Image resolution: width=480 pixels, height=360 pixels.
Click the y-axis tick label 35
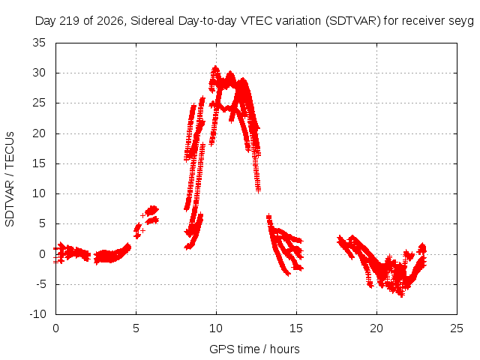pyautogui.click(x=39, y=43)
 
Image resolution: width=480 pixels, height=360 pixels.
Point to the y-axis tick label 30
pyautogui.click(x=39, y=73)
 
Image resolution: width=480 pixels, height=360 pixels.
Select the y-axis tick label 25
pyautogui.click(x=39, y=103)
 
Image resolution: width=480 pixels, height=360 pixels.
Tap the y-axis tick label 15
pyautogui.click(x=39, y=163)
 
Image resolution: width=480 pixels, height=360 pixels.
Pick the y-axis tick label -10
pyautogui.click(x=37, y=314)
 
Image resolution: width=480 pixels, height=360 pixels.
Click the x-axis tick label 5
pyautogui.click(x=136, y=328)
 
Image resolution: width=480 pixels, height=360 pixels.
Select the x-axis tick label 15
pyautogui.click(x=296, y=328)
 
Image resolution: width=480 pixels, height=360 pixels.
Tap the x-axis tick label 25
pyautogui.click(x=457, y=328)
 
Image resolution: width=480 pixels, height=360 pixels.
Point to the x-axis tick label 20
pyautogui.click(x=376, y=328)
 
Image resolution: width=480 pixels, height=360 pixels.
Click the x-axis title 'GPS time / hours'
pyautogui.click(x=254, y=349)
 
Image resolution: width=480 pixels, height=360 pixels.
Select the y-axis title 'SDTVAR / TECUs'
pyautogui.click(x=10, y=179)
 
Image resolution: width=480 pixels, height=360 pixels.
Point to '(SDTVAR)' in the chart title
pyautogui.click(x=353, y=21)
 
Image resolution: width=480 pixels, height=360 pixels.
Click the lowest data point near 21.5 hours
pyautogui.click(x=402, y=295)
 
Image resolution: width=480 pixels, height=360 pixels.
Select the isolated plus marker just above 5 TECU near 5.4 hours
pyautogui.click(x=142, y=215)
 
